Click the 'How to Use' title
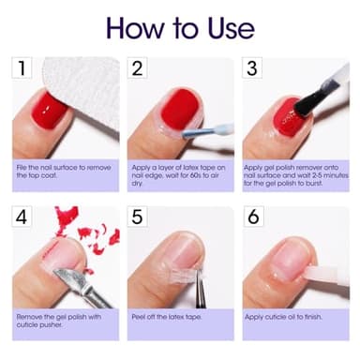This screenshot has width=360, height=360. tap(180, 26)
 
